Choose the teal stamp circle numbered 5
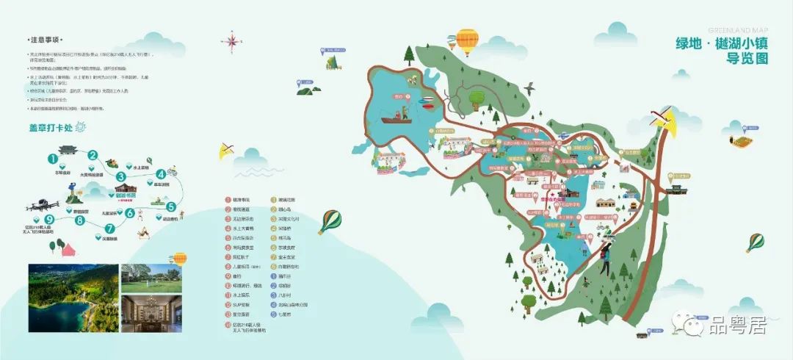coord(170,206)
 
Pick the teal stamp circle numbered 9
coord(50,218)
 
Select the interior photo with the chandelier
coord(151,313)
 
